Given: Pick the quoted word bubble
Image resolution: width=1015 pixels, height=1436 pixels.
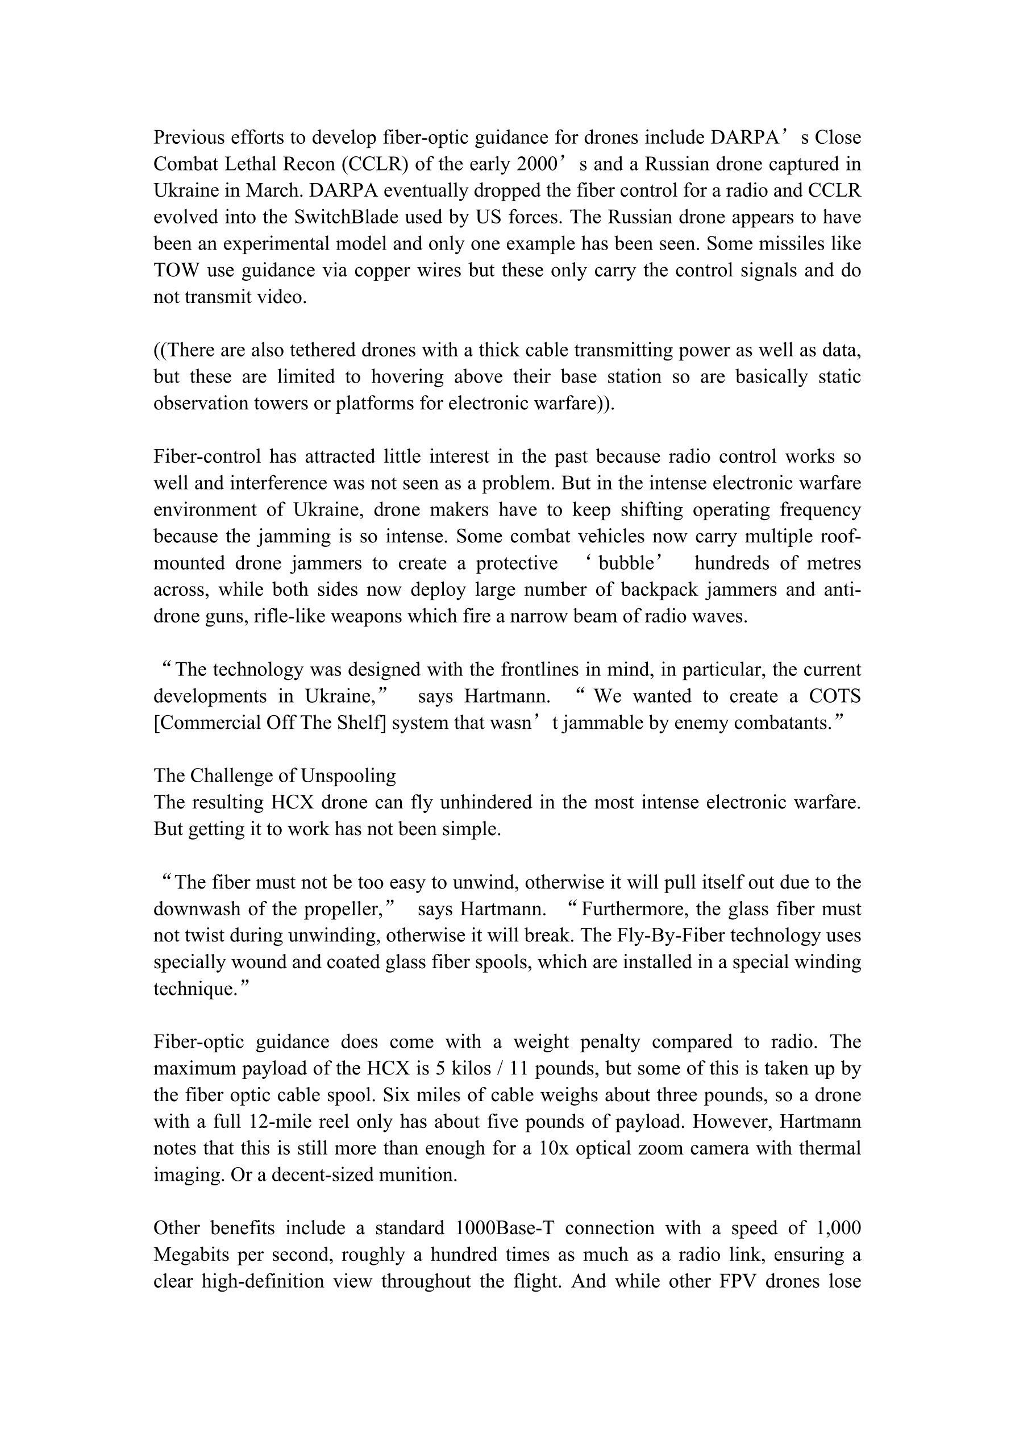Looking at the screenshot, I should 626,563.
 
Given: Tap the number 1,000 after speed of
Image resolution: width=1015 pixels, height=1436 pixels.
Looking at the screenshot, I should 839,1228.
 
